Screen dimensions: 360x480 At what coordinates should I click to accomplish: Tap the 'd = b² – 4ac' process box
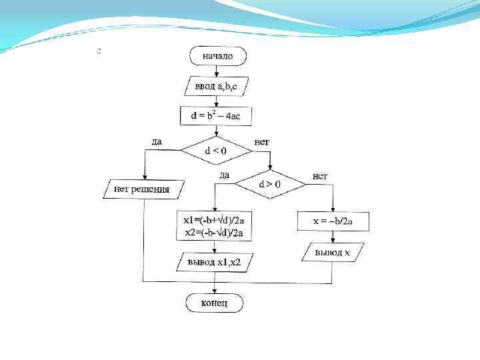click(215, 116)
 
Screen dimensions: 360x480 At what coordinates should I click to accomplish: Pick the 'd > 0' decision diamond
click(269, 183)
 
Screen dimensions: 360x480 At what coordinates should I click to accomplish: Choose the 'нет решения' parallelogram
click(141, 189)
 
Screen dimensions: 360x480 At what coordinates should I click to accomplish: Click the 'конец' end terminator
click(215, 303)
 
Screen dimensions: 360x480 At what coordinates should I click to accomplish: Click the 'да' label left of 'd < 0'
click(157, 141)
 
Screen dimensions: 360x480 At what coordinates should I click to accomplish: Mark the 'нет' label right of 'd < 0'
click(262, 141)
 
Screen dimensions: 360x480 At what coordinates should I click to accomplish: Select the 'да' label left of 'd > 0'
click(224, 175)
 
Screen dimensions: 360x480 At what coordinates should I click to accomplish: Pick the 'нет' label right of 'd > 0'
click(320, 175)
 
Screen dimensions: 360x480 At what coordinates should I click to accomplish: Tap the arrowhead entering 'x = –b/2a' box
click(333, 209)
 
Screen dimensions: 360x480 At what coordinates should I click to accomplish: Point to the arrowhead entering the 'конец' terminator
click(215, 291)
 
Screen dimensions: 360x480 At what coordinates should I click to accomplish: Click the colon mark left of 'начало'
click(99, 51)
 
